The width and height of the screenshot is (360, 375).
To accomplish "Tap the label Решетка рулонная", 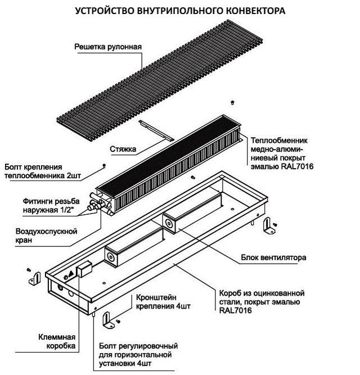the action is (108, 47).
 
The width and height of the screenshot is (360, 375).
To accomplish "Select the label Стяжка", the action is (123, 149).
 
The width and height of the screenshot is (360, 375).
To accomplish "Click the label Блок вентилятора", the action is (273, 257).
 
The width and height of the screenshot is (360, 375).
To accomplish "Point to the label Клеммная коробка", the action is (57, 341).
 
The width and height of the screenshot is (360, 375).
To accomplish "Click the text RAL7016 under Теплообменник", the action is (297, 166).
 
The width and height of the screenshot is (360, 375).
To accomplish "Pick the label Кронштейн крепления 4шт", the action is (163, 302).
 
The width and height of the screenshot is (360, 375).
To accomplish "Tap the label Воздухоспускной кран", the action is (46, 236).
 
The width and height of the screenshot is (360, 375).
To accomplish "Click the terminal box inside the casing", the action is (84, 269).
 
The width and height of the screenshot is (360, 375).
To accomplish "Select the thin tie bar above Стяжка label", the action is (156, 130).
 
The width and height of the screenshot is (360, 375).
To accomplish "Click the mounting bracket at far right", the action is (269, 225).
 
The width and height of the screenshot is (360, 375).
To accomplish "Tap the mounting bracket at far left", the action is (35, 278).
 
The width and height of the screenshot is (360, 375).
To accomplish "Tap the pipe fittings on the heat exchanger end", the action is (101, 204).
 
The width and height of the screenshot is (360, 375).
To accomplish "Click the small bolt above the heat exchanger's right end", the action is (232, 102).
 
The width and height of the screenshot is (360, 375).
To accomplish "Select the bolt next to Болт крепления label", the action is (104, 165).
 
